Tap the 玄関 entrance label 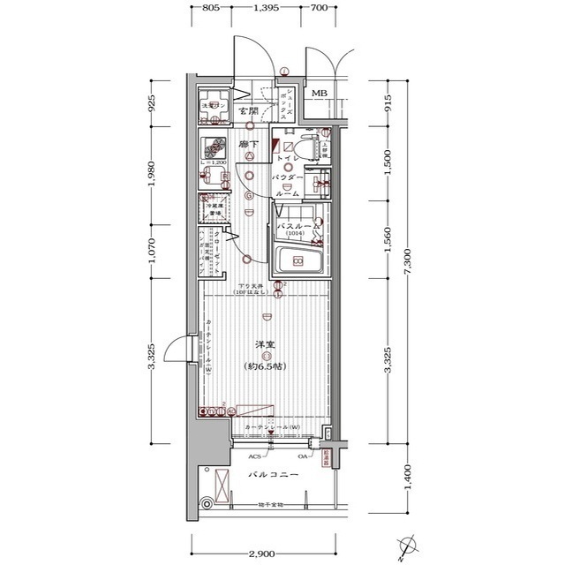248,112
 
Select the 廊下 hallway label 248,143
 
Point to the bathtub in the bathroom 298,261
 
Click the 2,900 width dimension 261,553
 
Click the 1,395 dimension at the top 267,8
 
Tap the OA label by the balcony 303,456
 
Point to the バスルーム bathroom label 298,227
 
